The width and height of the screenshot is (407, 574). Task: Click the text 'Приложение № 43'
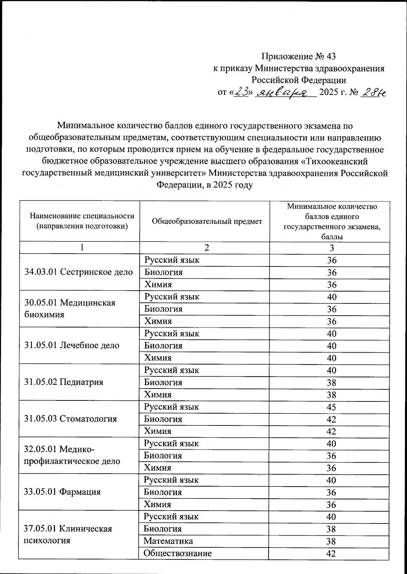[298, 56]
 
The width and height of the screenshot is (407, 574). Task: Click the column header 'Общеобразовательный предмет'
[207, 221]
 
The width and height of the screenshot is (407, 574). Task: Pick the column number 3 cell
[332, 248]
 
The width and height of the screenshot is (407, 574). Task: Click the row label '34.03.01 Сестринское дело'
[79, 272]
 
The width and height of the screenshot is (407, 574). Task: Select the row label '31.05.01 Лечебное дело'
[72, 345]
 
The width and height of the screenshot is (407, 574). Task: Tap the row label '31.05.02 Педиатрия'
[64, 382]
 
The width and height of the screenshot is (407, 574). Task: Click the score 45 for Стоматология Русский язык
[331, 407]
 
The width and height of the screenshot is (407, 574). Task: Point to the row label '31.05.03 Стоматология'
[71, 419]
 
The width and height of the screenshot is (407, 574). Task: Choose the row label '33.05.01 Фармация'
[62, 492]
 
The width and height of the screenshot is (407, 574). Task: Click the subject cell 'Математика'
[168, 541]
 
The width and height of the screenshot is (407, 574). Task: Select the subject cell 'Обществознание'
[177, 553]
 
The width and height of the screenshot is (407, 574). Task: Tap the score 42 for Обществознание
[331, 554]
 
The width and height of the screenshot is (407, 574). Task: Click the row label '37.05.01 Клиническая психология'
[68, 534]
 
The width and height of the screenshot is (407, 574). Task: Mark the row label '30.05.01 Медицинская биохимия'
[70, 309]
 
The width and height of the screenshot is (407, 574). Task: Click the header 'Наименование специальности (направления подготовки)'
[82, 221]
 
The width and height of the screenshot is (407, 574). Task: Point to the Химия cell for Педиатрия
[158, 395]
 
